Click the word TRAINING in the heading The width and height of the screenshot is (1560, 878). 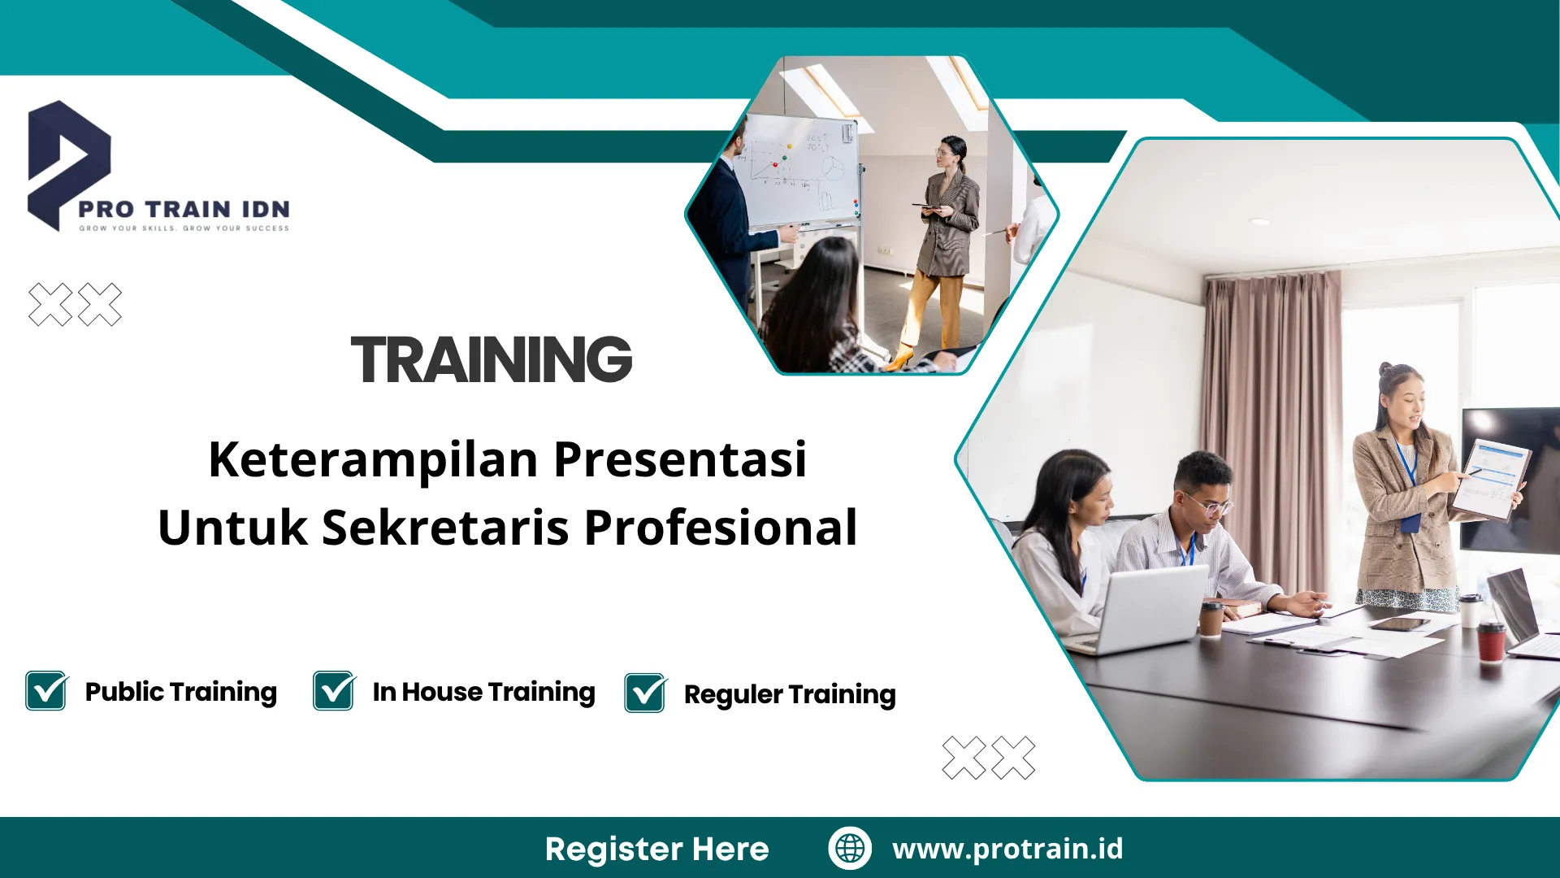491,360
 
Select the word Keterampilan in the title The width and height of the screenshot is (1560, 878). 373,459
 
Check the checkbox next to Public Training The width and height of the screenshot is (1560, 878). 46,691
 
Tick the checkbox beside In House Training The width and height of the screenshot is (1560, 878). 334,691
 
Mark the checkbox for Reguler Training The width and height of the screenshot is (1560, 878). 645,693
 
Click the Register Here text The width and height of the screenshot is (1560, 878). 656,849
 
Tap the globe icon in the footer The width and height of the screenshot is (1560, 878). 850,848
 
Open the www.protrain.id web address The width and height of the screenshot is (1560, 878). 1007,849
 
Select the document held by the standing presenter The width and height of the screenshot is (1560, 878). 1491,478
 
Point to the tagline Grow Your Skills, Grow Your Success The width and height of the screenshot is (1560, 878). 184,228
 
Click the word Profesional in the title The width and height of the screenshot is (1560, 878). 721,528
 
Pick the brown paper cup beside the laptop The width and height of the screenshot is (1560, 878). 1211,620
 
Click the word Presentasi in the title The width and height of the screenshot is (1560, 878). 680,459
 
